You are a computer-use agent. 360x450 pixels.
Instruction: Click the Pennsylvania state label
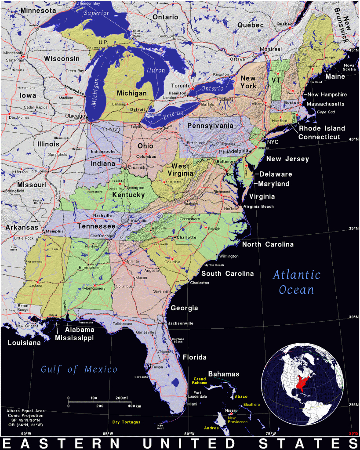click(210, 126)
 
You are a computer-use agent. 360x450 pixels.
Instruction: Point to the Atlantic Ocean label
click(297, 282)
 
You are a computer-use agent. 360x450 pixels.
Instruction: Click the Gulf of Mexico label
click(79, 369)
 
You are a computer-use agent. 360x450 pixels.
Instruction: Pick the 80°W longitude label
click(189, 434)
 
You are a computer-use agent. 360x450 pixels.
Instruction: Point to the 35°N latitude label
click(353, 229)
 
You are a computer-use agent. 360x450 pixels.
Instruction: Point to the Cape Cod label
click(326, 112)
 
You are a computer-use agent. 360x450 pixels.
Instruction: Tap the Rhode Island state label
click(322, 128)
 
